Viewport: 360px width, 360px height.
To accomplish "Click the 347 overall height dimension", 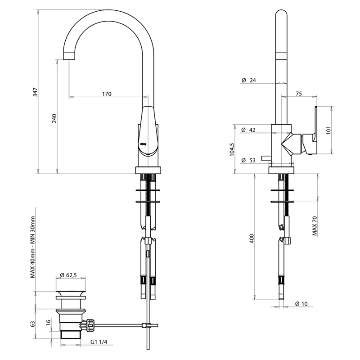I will (x=35, y=92).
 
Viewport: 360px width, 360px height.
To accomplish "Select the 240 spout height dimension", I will (x=54, y=118).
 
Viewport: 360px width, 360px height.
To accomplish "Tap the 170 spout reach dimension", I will (x=107, y=94).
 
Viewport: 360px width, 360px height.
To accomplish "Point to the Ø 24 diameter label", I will (x=248, y=80).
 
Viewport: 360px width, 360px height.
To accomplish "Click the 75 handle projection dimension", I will (x=299, y=94).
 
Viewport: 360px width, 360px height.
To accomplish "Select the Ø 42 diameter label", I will (x=248, y=130).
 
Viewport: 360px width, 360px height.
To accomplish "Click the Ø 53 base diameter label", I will (x=248, y=160).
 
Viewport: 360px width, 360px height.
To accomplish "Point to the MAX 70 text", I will (x=315, y=226).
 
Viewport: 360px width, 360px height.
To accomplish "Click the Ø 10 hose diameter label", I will (x=301, y=304).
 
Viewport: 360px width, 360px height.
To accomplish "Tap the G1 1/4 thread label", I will (x=99, y=342).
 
